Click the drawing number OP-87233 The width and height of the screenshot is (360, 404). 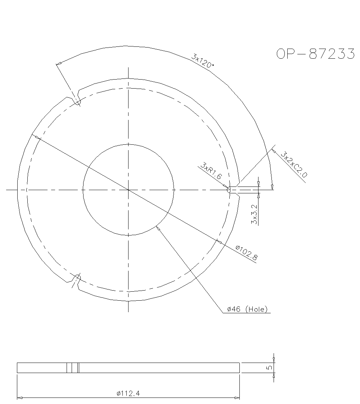[315, 54]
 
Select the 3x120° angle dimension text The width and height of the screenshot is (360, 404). [203, 61]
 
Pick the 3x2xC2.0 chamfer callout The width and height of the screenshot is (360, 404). [294, 165]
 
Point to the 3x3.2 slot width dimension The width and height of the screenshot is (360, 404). [255, 215]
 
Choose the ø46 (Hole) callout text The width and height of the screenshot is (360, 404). [247, 309]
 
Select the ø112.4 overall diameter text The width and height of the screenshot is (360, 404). [128, 394]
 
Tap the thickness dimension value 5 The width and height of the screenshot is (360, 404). [268, 368]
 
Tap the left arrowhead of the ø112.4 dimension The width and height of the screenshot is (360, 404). [19, 398]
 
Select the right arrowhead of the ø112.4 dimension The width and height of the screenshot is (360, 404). [237, 398]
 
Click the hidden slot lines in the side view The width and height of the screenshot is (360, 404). [73, 368]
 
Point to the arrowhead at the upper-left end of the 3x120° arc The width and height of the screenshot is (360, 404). [58, 64]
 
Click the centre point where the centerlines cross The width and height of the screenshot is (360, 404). [128, 189]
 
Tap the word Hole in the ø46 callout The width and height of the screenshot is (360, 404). [257, 309]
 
